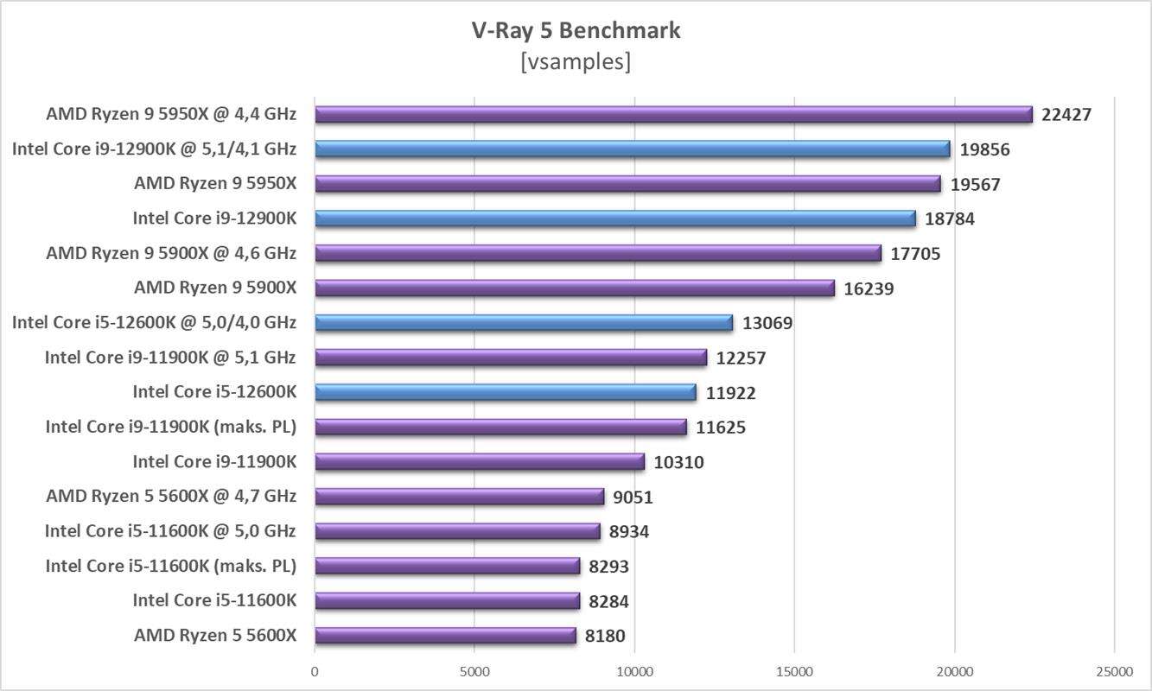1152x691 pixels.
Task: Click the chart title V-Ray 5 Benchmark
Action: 576,30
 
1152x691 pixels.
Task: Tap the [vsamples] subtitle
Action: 576,61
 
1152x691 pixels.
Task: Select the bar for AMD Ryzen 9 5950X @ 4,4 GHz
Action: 673,114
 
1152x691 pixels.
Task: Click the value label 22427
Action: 1066,114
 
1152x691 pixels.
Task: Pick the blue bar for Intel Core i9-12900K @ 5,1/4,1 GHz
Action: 632,149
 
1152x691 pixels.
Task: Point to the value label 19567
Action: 975,184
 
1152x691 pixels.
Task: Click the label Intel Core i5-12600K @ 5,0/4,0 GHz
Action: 154,322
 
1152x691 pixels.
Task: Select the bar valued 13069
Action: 524,323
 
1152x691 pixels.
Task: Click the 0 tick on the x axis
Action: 315,671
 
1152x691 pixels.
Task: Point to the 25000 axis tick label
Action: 1114,671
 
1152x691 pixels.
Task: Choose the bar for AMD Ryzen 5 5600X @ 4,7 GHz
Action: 459,497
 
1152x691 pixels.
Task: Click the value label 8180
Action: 605,637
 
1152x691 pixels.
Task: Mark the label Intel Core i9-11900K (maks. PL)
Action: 171,427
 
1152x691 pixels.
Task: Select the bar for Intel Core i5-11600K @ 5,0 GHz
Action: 457,531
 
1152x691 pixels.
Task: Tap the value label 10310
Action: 678,462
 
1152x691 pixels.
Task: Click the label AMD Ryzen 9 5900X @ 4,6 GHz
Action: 171,253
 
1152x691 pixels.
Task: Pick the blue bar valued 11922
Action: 505,392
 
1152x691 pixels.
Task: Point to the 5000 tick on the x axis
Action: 474,671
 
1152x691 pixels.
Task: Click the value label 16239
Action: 869,288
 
